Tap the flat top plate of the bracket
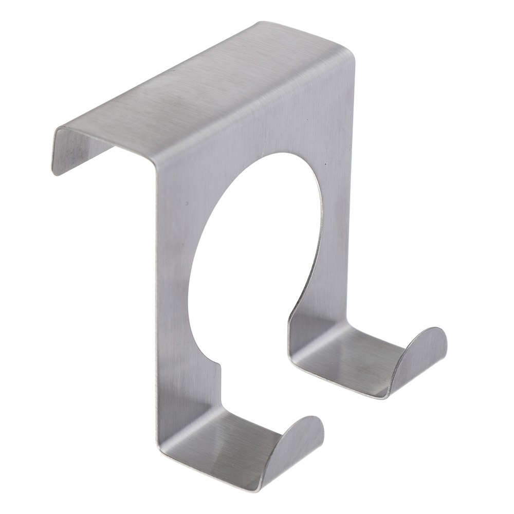(x=206, y=98)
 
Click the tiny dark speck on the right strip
(x=326, y=164)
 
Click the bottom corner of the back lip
(x=55, y=172)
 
